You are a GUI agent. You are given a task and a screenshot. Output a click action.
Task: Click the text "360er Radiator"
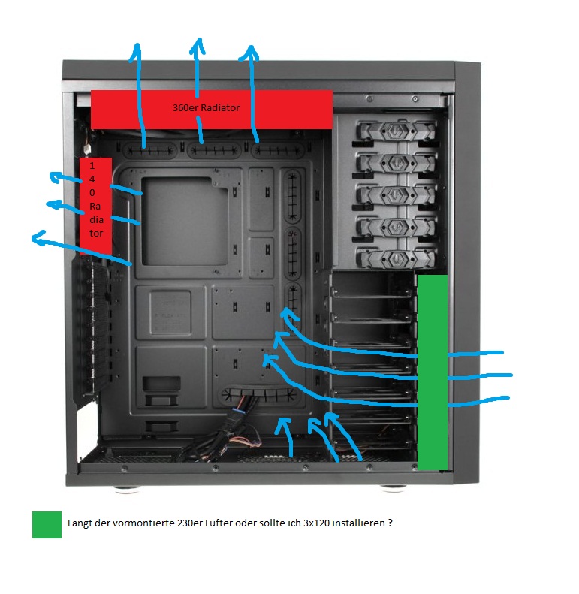point(206,108)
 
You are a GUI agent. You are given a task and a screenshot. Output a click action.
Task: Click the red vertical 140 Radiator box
point(95,206)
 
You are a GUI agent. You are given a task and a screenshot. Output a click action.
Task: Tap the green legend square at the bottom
point(47,525)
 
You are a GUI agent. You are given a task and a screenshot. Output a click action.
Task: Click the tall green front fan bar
point(432,372)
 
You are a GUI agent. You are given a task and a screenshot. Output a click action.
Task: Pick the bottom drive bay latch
point(395,259)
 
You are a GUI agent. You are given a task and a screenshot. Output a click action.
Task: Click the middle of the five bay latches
point(395,195)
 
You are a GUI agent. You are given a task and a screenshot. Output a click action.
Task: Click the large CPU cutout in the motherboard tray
point(185,222)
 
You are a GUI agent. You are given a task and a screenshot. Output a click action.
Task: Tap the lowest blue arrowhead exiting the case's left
point(38,237)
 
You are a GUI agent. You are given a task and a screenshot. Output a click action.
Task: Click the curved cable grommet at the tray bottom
point(259,396)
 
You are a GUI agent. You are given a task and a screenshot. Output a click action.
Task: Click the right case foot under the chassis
point(394,488)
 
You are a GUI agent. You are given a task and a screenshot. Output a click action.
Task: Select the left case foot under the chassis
point(128,489)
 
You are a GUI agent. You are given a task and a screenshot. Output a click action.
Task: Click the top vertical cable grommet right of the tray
point(292,196)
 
